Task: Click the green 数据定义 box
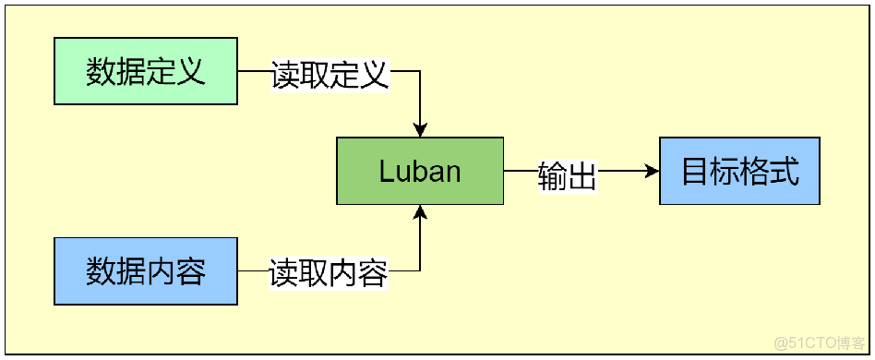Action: point(145,71)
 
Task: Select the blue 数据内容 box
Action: point(145,271)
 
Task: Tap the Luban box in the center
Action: point(420,171)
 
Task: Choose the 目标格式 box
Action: point(739,171)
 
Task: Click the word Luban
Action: point(420,172)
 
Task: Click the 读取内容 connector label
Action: point(329,273)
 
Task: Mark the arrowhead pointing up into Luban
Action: point(421,213)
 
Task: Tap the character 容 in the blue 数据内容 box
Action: point(190,271)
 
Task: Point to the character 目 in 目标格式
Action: point(695,172)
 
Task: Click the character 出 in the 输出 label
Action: point(582,175)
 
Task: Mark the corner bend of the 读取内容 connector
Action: point(421,270)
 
